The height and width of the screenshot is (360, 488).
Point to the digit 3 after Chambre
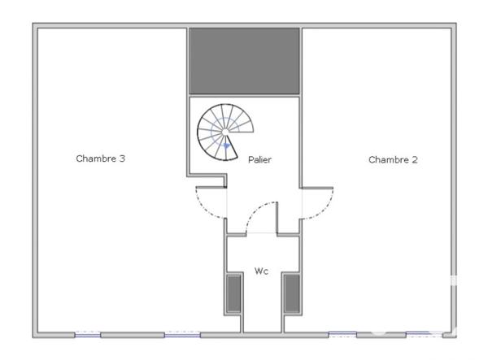coord(121,158)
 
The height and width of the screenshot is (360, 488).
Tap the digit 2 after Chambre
coord(415,160)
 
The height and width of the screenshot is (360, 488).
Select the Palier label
coord(259,160)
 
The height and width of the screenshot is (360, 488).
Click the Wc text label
coord(261,270)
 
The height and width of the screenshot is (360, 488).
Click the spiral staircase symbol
coord(224,132)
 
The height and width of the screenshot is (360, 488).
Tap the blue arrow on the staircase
coord(227,146)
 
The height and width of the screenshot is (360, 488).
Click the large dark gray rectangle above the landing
coord(245,62)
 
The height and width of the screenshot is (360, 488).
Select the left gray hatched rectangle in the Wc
coord(233,293)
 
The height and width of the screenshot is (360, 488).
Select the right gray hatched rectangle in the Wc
coord(291,293)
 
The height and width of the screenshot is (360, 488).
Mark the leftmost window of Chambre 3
coord(88,334)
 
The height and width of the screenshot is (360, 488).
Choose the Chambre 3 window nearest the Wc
coord(183,334)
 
